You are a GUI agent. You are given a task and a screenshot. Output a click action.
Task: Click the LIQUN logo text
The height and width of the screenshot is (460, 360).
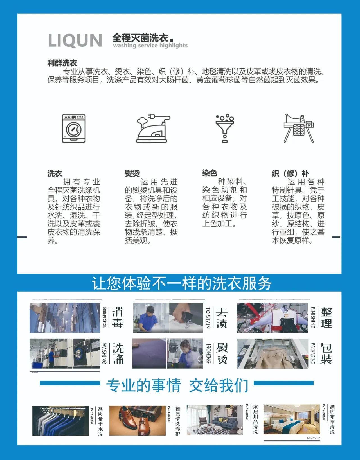tap(75, 40)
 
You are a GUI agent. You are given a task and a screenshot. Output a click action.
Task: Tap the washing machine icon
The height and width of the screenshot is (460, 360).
tap(74, 128)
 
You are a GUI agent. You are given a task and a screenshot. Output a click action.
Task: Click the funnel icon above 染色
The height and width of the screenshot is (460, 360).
tap(225, 128)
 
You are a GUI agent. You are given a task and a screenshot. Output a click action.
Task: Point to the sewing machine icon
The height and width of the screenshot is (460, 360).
tap(298, 128)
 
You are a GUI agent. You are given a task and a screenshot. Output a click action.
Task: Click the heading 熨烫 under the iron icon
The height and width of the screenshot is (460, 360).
tap(132, 173)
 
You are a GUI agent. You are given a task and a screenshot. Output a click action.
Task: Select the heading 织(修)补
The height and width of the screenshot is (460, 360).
tap(290, 173)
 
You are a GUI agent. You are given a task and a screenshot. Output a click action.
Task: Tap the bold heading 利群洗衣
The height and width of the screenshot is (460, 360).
tap(62, 63)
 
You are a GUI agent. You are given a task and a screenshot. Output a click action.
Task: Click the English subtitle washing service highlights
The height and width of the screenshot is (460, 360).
tap(150, 46)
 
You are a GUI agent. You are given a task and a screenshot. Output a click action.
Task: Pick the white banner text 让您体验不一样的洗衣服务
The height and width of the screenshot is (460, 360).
tap(182, 283)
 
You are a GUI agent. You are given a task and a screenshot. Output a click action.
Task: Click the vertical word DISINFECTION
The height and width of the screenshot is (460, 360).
tap(104, 317)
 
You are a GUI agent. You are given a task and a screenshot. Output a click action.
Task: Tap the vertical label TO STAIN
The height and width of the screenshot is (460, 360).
tap(208, 318)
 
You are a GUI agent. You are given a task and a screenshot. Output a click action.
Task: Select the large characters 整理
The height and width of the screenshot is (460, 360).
tap(327, 318)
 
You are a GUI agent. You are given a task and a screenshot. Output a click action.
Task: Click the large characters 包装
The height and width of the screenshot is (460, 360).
tap(326, 353)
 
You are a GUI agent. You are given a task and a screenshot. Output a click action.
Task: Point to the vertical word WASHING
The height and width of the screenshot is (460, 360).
tap(104, 353)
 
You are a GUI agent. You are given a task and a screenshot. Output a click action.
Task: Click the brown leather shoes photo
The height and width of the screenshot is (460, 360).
tap(137, 420)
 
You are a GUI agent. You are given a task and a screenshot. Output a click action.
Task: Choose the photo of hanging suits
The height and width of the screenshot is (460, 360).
tap(60, 421)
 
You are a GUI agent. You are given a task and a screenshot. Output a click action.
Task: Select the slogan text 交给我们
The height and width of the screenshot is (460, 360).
tap(219, 385)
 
